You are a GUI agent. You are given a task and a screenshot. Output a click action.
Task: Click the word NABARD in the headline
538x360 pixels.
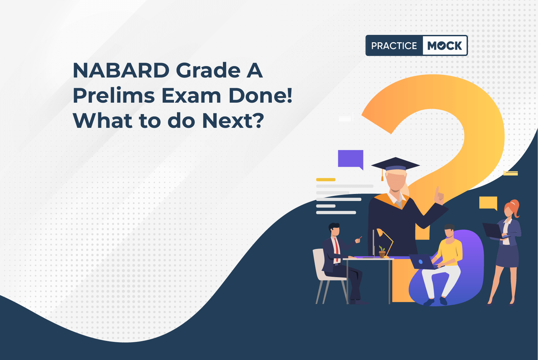pos(121,70)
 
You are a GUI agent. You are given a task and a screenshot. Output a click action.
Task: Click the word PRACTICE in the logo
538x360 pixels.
pos(394,46)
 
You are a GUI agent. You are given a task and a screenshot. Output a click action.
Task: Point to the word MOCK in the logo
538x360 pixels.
pos(444,46)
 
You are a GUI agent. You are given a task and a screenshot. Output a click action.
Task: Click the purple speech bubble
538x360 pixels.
pos(351,159)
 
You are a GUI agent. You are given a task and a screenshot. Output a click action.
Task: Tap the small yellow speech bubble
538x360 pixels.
pos(488,203)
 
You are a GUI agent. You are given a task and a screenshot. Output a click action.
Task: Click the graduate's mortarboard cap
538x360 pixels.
pos(395,165)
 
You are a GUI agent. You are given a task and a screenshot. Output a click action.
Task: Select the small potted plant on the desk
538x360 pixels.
pos(382,251)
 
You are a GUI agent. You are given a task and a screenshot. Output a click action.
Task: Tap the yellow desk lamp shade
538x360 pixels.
pos(379,232)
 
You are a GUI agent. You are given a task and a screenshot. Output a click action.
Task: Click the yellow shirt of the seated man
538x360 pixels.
pos(450,252)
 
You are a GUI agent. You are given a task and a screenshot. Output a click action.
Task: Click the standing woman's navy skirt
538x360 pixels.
pos(507,256)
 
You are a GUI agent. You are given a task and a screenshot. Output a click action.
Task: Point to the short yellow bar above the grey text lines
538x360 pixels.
pos(326,179)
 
